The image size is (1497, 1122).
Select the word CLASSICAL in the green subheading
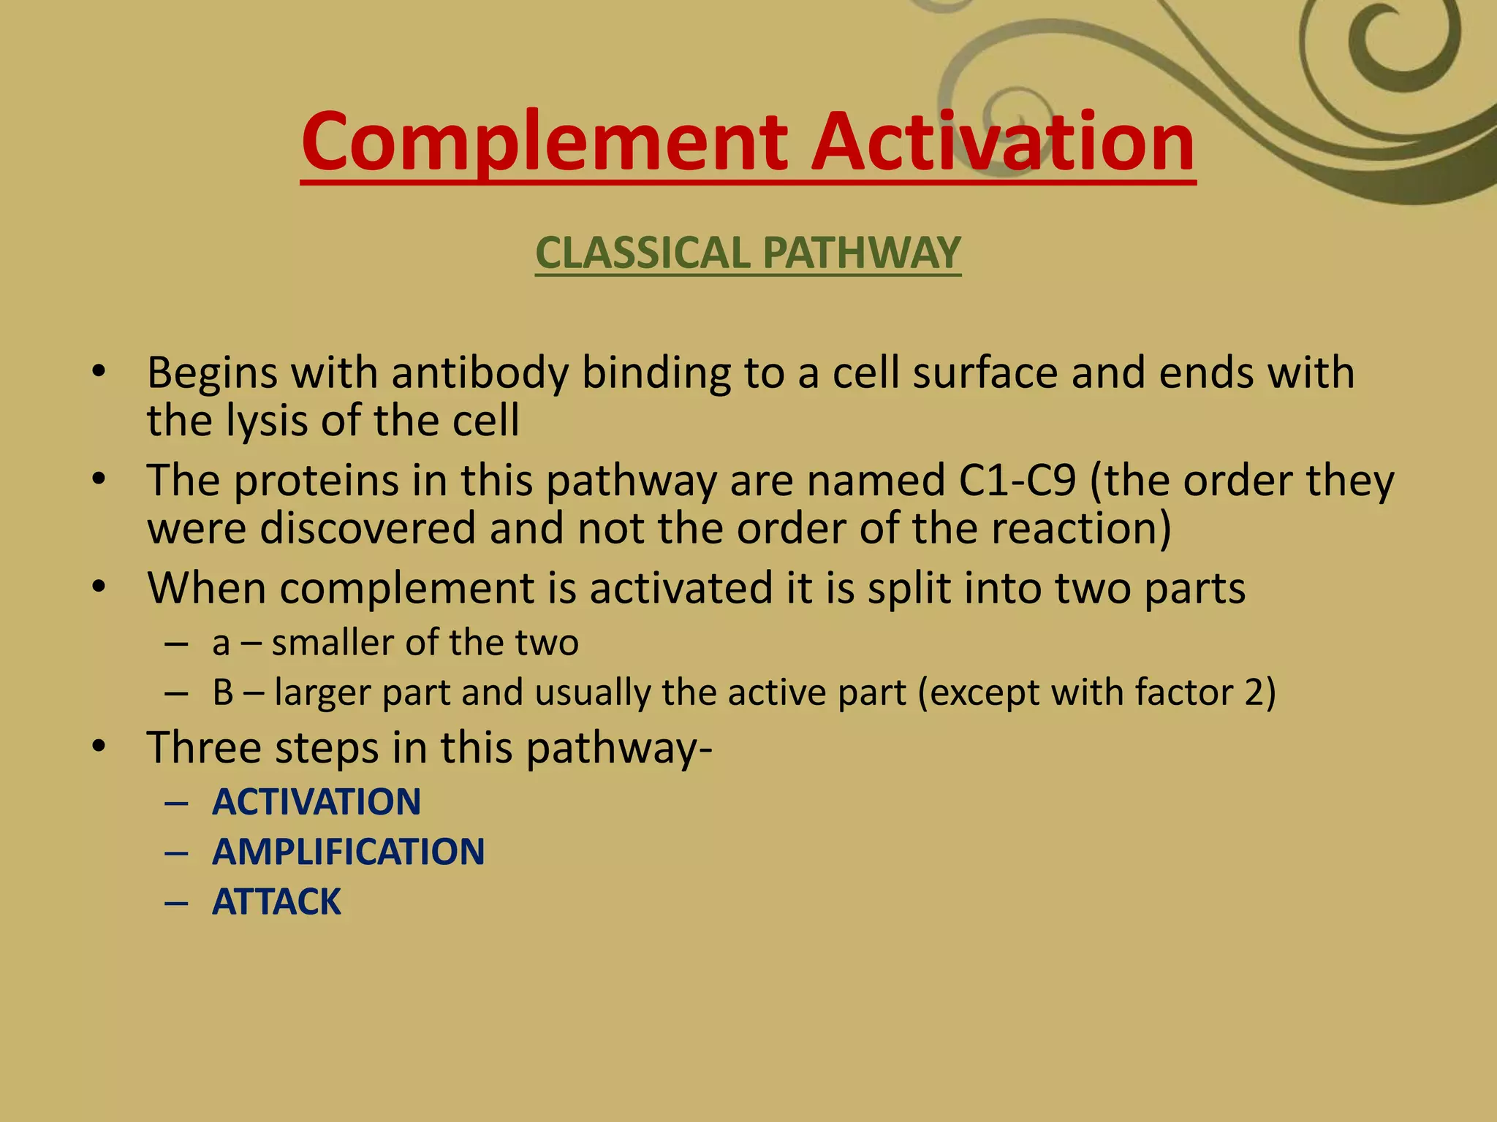[x=643, y=253]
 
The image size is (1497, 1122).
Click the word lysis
[x=267, y=421]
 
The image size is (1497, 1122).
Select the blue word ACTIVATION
[x=317, y=802]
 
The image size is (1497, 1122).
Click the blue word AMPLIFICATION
[x=348, y=852]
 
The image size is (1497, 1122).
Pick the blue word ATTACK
[x=276, y=901]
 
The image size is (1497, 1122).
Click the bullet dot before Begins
[x=99, y=373]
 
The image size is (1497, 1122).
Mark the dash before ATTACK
[x=177, y=902]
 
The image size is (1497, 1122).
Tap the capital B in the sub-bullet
[x=223, y=692]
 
